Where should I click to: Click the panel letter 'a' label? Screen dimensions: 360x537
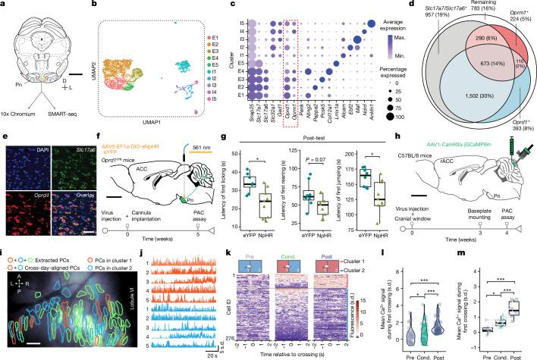5,5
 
